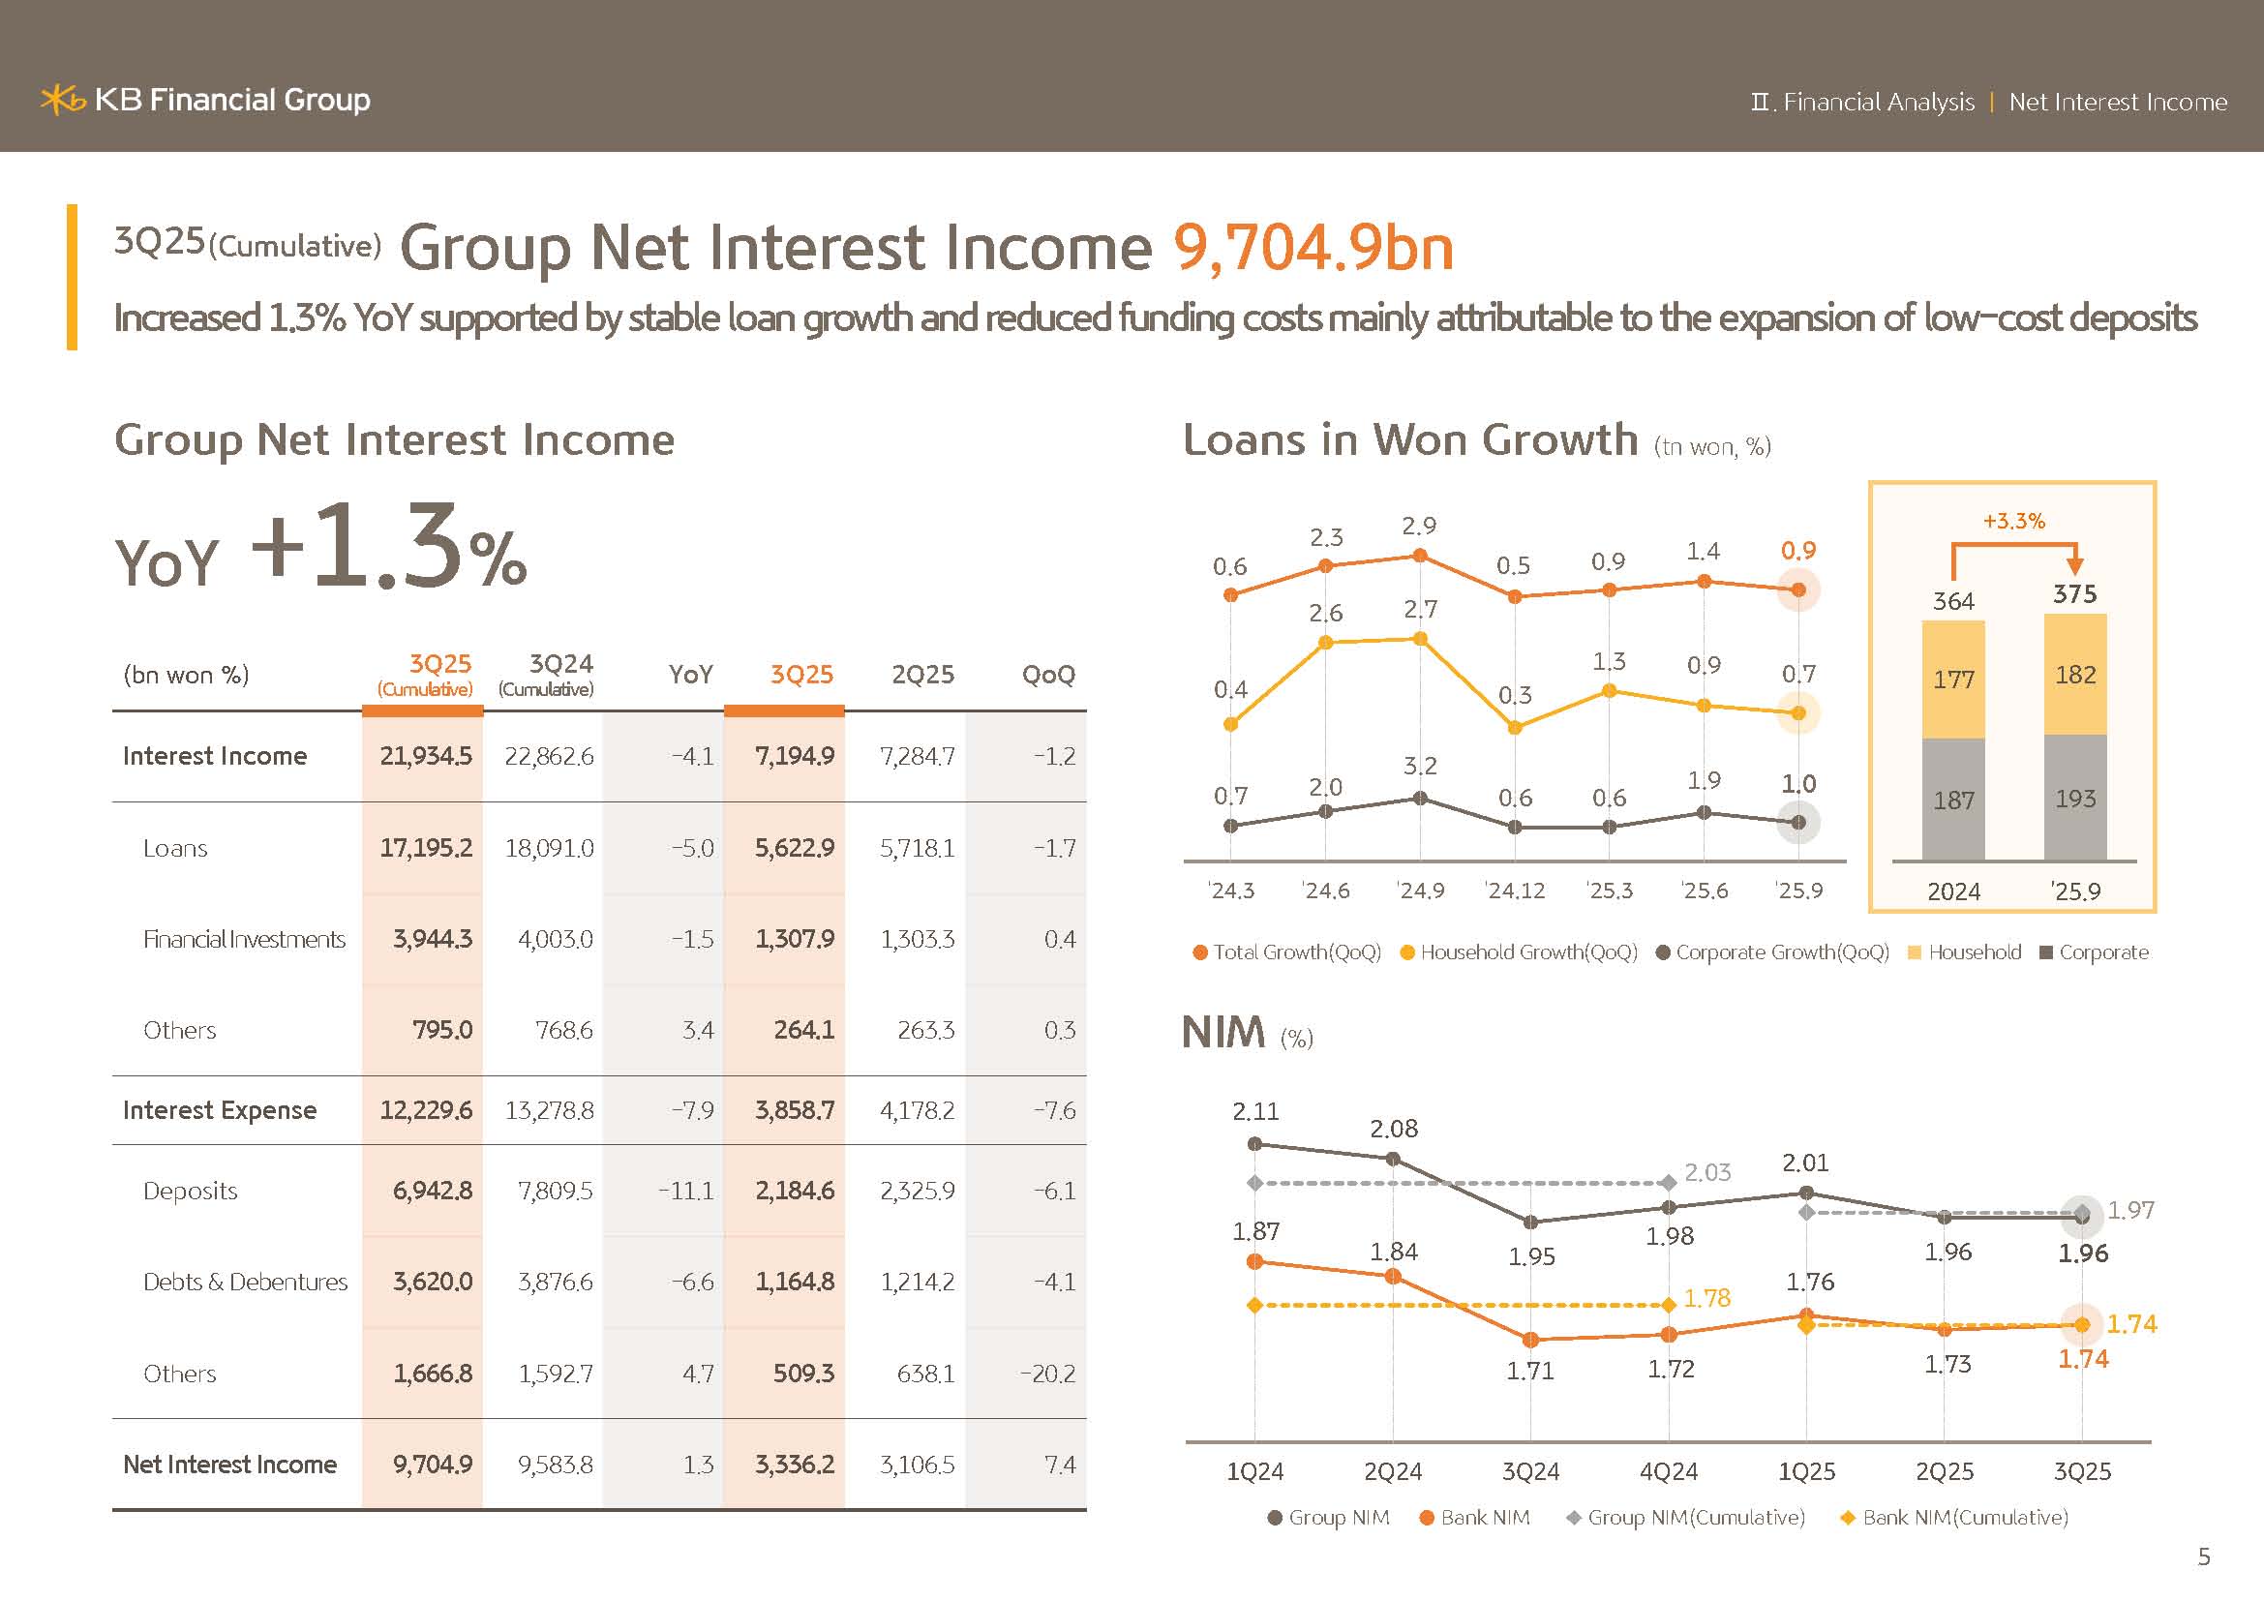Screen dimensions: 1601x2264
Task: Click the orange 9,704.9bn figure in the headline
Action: click(x=1313, y=247)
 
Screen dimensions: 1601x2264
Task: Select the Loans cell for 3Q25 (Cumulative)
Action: click(x=425, y=848)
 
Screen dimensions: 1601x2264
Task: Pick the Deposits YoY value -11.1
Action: click(x=685, y=1191)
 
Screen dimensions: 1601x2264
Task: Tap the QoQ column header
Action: click(x=1047, y=675)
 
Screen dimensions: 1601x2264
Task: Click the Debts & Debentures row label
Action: click(x=245, y=1282)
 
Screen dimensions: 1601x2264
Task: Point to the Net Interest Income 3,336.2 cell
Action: click(x=794, y=1464)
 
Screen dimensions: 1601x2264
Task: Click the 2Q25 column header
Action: click(x=922, y=675)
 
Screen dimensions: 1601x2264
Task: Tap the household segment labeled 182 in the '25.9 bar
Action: click(x=2074, y=675)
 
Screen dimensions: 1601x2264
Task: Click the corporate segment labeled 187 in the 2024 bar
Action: click(x=1952, y=800)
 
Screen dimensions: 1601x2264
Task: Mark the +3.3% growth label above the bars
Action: click(x=2013, y=521)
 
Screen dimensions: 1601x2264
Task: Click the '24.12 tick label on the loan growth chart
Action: click(x=1515, y=891)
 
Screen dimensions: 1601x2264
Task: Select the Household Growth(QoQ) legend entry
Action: click(x=1519, y=952)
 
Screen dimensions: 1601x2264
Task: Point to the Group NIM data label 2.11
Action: click(x=1255, y=1112)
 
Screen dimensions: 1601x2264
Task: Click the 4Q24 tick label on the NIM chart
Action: click(x=1669, y=1472)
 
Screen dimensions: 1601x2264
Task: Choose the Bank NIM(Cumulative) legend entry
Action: click(x=1954, y=1517)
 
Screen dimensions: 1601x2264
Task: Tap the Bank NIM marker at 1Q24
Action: click(x=1255, y=1262)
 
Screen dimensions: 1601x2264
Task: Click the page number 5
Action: click(x=2204, y=1557)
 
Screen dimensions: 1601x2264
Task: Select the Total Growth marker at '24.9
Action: click(x=1420, y=556)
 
